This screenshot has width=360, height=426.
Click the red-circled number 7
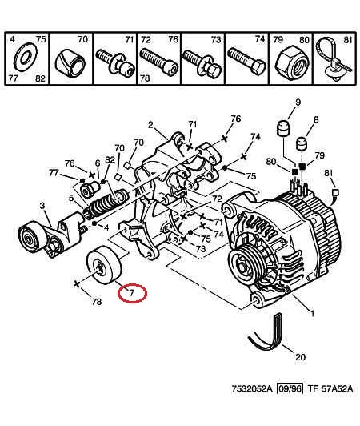(x=132, y=293)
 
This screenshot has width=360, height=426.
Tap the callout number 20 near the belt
(x=300, y=356)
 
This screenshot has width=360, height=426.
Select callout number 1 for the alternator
(x=312, y=313)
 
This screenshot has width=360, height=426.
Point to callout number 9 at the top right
(x=298, y=102)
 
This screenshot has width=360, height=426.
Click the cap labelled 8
(x=300, y=144)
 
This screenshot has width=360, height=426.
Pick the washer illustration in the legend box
(x=26, y=58)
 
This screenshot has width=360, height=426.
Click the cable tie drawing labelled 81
(x=334, y=59)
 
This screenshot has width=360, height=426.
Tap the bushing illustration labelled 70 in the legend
(x=70, y=63)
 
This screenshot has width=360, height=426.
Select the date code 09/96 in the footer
(x=290, y=388)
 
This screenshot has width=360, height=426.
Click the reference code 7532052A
(x=252, y=388)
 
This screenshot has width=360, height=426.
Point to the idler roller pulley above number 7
(x=105, y=265)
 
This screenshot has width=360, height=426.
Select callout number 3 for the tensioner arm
(x=42, y=206)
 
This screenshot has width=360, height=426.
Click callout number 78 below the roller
(x=96, y=302)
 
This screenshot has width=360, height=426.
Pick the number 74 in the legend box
(x=259, y=39)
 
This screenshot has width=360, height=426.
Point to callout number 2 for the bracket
(x=150, y=125)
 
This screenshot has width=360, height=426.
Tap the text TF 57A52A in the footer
(x=330, y=388)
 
